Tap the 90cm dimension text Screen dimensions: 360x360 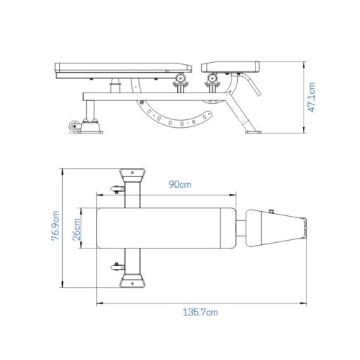coord(179,184)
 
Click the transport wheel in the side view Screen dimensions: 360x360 coord(73,127)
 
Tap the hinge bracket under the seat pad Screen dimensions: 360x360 coord(212,83)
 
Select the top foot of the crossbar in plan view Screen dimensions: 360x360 coord(131,174)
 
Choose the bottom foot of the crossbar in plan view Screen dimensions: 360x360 coord(131,282)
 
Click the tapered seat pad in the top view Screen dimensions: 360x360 coord(275,228)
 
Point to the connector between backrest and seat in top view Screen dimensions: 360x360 coord(241,228)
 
